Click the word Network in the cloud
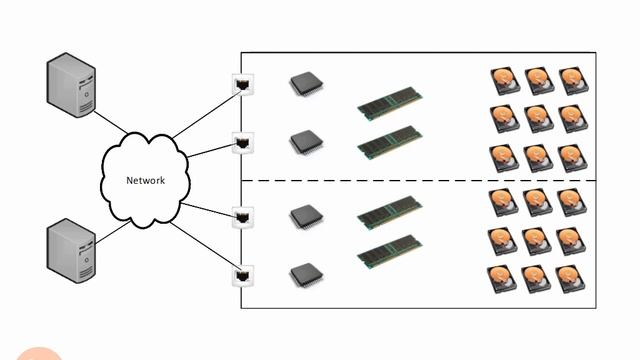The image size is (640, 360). pyautogui.click(x=145, y=181)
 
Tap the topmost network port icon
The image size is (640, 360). pyautogui.click(x=241, y=83)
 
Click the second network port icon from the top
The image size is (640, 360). pyautogui.click(x=241, y=142)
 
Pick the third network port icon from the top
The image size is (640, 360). pyautogui.click(x=241, y=216)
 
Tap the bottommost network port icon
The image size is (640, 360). pyautogui.click(x=241, y=273)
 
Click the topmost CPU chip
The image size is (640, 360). pyautogui.click(x=304, y=84)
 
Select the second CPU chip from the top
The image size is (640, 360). pyautogui.click(x=304, y=142)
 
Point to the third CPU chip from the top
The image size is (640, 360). pyautogui.click(x=304, y=216)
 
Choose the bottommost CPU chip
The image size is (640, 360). pyautogui.click(x=304, y=272)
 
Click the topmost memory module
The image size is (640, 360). pyautogui.click(x=389, y=103)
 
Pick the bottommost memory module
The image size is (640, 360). pyautogui.click(x=389, y=249)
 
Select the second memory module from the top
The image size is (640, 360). pyautogui.click(x=389, y=141)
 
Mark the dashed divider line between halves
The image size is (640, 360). pyautogui.click(x=420, y=181)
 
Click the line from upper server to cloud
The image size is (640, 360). pyautogui.click(x=112, y=123)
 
